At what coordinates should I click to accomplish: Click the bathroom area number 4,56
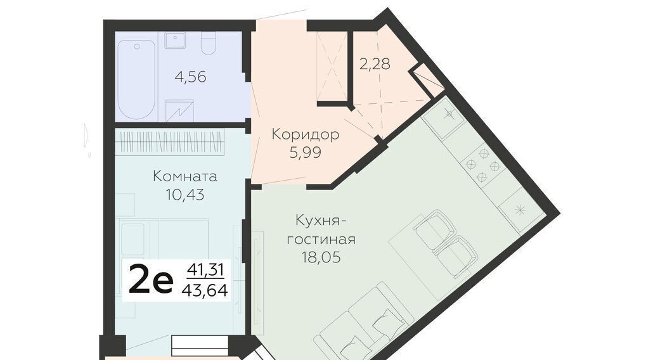pyautogui.click(x=190, y=77)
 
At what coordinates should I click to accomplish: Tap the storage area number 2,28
pyautogui.click(x=375, y=64)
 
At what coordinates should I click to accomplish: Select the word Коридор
pyautogui.click(x=306, y=134)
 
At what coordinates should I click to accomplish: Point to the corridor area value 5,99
pyautogui.click(x=306, y=153)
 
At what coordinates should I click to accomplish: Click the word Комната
pyautogui.click(x=185, y=176)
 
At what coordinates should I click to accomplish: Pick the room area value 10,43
pyautogui.click(x=185, y=195)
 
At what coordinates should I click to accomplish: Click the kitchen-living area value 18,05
pyautogui.click(x=321, y=257)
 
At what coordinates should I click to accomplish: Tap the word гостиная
pyautogui.click(x=321, y=240)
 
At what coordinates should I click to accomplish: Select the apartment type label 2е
pyautogui.click(x=150, y=280)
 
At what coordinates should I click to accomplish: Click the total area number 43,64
pyautogui.click(x=205, y=290)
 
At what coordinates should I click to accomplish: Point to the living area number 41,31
pyautogui.click(x=205, y=270)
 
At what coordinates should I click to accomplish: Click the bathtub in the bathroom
pyautogui.click(x=137, y=79)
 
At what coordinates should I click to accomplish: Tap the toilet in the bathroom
pyautogui.click(x=209, y=43)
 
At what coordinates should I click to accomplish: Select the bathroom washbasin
pyautogui.click(x=176, y=41)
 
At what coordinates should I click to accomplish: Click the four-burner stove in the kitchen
pyautogui.click(x=483, y=165)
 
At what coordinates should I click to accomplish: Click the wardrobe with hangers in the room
pyautogui.click(x=170, y=142)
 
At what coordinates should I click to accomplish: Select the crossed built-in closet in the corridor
pyautogui.click(x=332, y=66)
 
